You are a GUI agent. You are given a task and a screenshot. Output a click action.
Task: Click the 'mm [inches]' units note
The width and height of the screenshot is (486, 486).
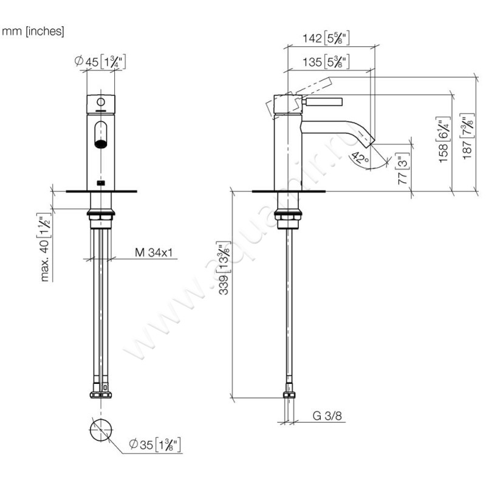pos(33,31)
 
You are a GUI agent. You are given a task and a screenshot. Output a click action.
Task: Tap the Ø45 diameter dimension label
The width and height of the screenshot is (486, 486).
pos(98,61)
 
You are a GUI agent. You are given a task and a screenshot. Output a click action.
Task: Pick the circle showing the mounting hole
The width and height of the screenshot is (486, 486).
pos(101,429)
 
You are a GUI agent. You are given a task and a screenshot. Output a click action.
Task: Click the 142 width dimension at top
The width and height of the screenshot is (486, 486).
pos(328,39)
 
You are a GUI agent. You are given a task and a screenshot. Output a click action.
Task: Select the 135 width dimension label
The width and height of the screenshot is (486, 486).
pos(328,61)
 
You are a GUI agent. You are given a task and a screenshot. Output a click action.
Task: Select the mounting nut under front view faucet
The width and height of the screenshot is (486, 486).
pos(101,214)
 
